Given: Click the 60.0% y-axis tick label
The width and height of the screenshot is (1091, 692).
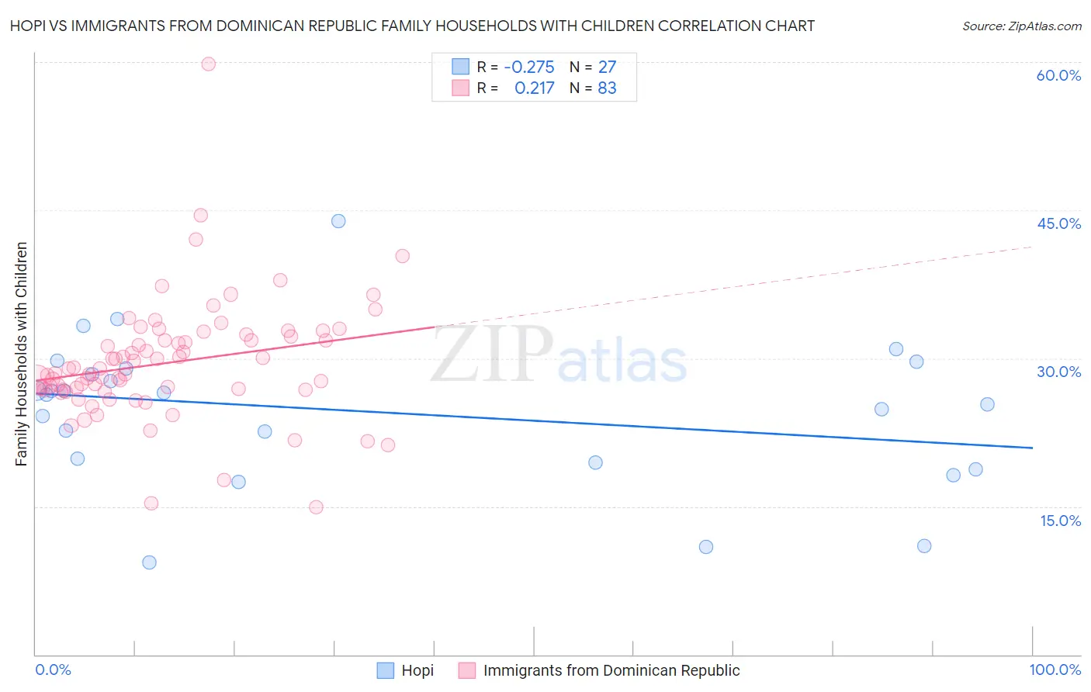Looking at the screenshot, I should point(1058,75).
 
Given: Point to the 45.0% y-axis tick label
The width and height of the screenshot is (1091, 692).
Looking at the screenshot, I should point(1058,223).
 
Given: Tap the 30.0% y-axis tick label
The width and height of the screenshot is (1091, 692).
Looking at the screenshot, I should point(1058,372).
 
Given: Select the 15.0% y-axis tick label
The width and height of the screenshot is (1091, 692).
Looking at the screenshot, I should point(1060,521).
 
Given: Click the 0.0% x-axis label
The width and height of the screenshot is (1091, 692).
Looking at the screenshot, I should point(53,670).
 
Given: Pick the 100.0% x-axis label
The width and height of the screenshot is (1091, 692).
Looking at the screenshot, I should point(1055,670).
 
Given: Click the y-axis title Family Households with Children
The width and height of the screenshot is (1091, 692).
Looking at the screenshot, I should point(21,354).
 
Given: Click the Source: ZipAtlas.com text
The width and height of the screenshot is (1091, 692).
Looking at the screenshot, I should point(1021,26).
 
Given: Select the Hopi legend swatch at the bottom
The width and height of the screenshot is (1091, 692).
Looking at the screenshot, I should point(386,670).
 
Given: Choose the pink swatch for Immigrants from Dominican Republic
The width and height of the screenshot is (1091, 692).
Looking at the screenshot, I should point(466,670).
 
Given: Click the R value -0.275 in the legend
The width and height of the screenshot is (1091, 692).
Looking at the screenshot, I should point(529,67).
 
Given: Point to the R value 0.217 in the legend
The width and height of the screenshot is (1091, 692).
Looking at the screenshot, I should point(535,88).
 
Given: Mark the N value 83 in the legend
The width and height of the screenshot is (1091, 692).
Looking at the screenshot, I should point(607,88).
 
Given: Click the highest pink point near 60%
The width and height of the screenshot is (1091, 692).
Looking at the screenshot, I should point(208,64).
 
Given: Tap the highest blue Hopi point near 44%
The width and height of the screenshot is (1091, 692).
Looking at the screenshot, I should point(338,221).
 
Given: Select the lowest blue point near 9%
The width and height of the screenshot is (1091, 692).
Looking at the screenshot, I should point(149,562).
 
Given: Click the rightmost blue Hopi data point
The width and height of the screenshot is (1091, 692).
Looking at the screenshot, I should point(987,404).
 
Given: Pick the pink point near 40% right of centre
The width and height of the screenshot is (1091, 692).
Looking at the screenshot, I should point(402,256).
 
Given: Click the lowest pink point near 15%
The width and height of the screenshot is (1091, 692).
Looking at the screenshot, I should point(316,507).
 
